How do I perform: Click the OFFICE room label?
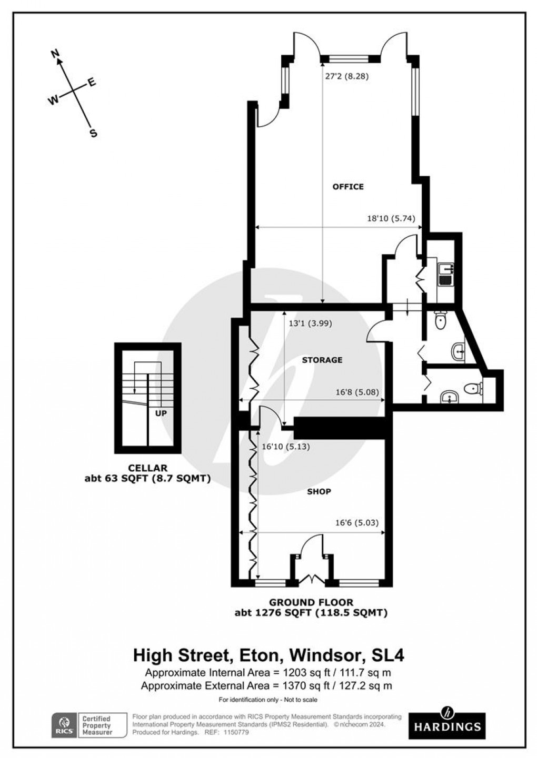(x=347, y=187)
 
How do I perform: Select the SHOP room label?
(x=319, y=492)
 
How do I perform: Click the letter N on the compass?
(x=54, y=53)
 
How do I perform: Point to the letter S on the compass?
(x=93, y=133)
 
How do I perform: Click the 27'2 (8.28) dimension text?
(x=346, y=76)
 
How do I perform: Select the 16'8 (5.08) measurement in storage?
(x=357, y=392)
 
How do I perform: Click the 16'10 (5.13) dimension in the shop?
(x=285, y=447)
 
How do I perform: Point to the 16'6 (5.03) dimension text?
(x=356, y=523)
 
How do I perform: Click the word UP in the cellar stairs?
(x=161, y=413)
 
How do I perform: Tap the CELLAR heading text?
(x=147, y=468)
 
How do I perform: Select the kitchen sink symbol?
(x=446, y=274)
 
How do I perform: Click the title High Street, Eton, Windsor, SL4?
(x=268, y=656)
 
